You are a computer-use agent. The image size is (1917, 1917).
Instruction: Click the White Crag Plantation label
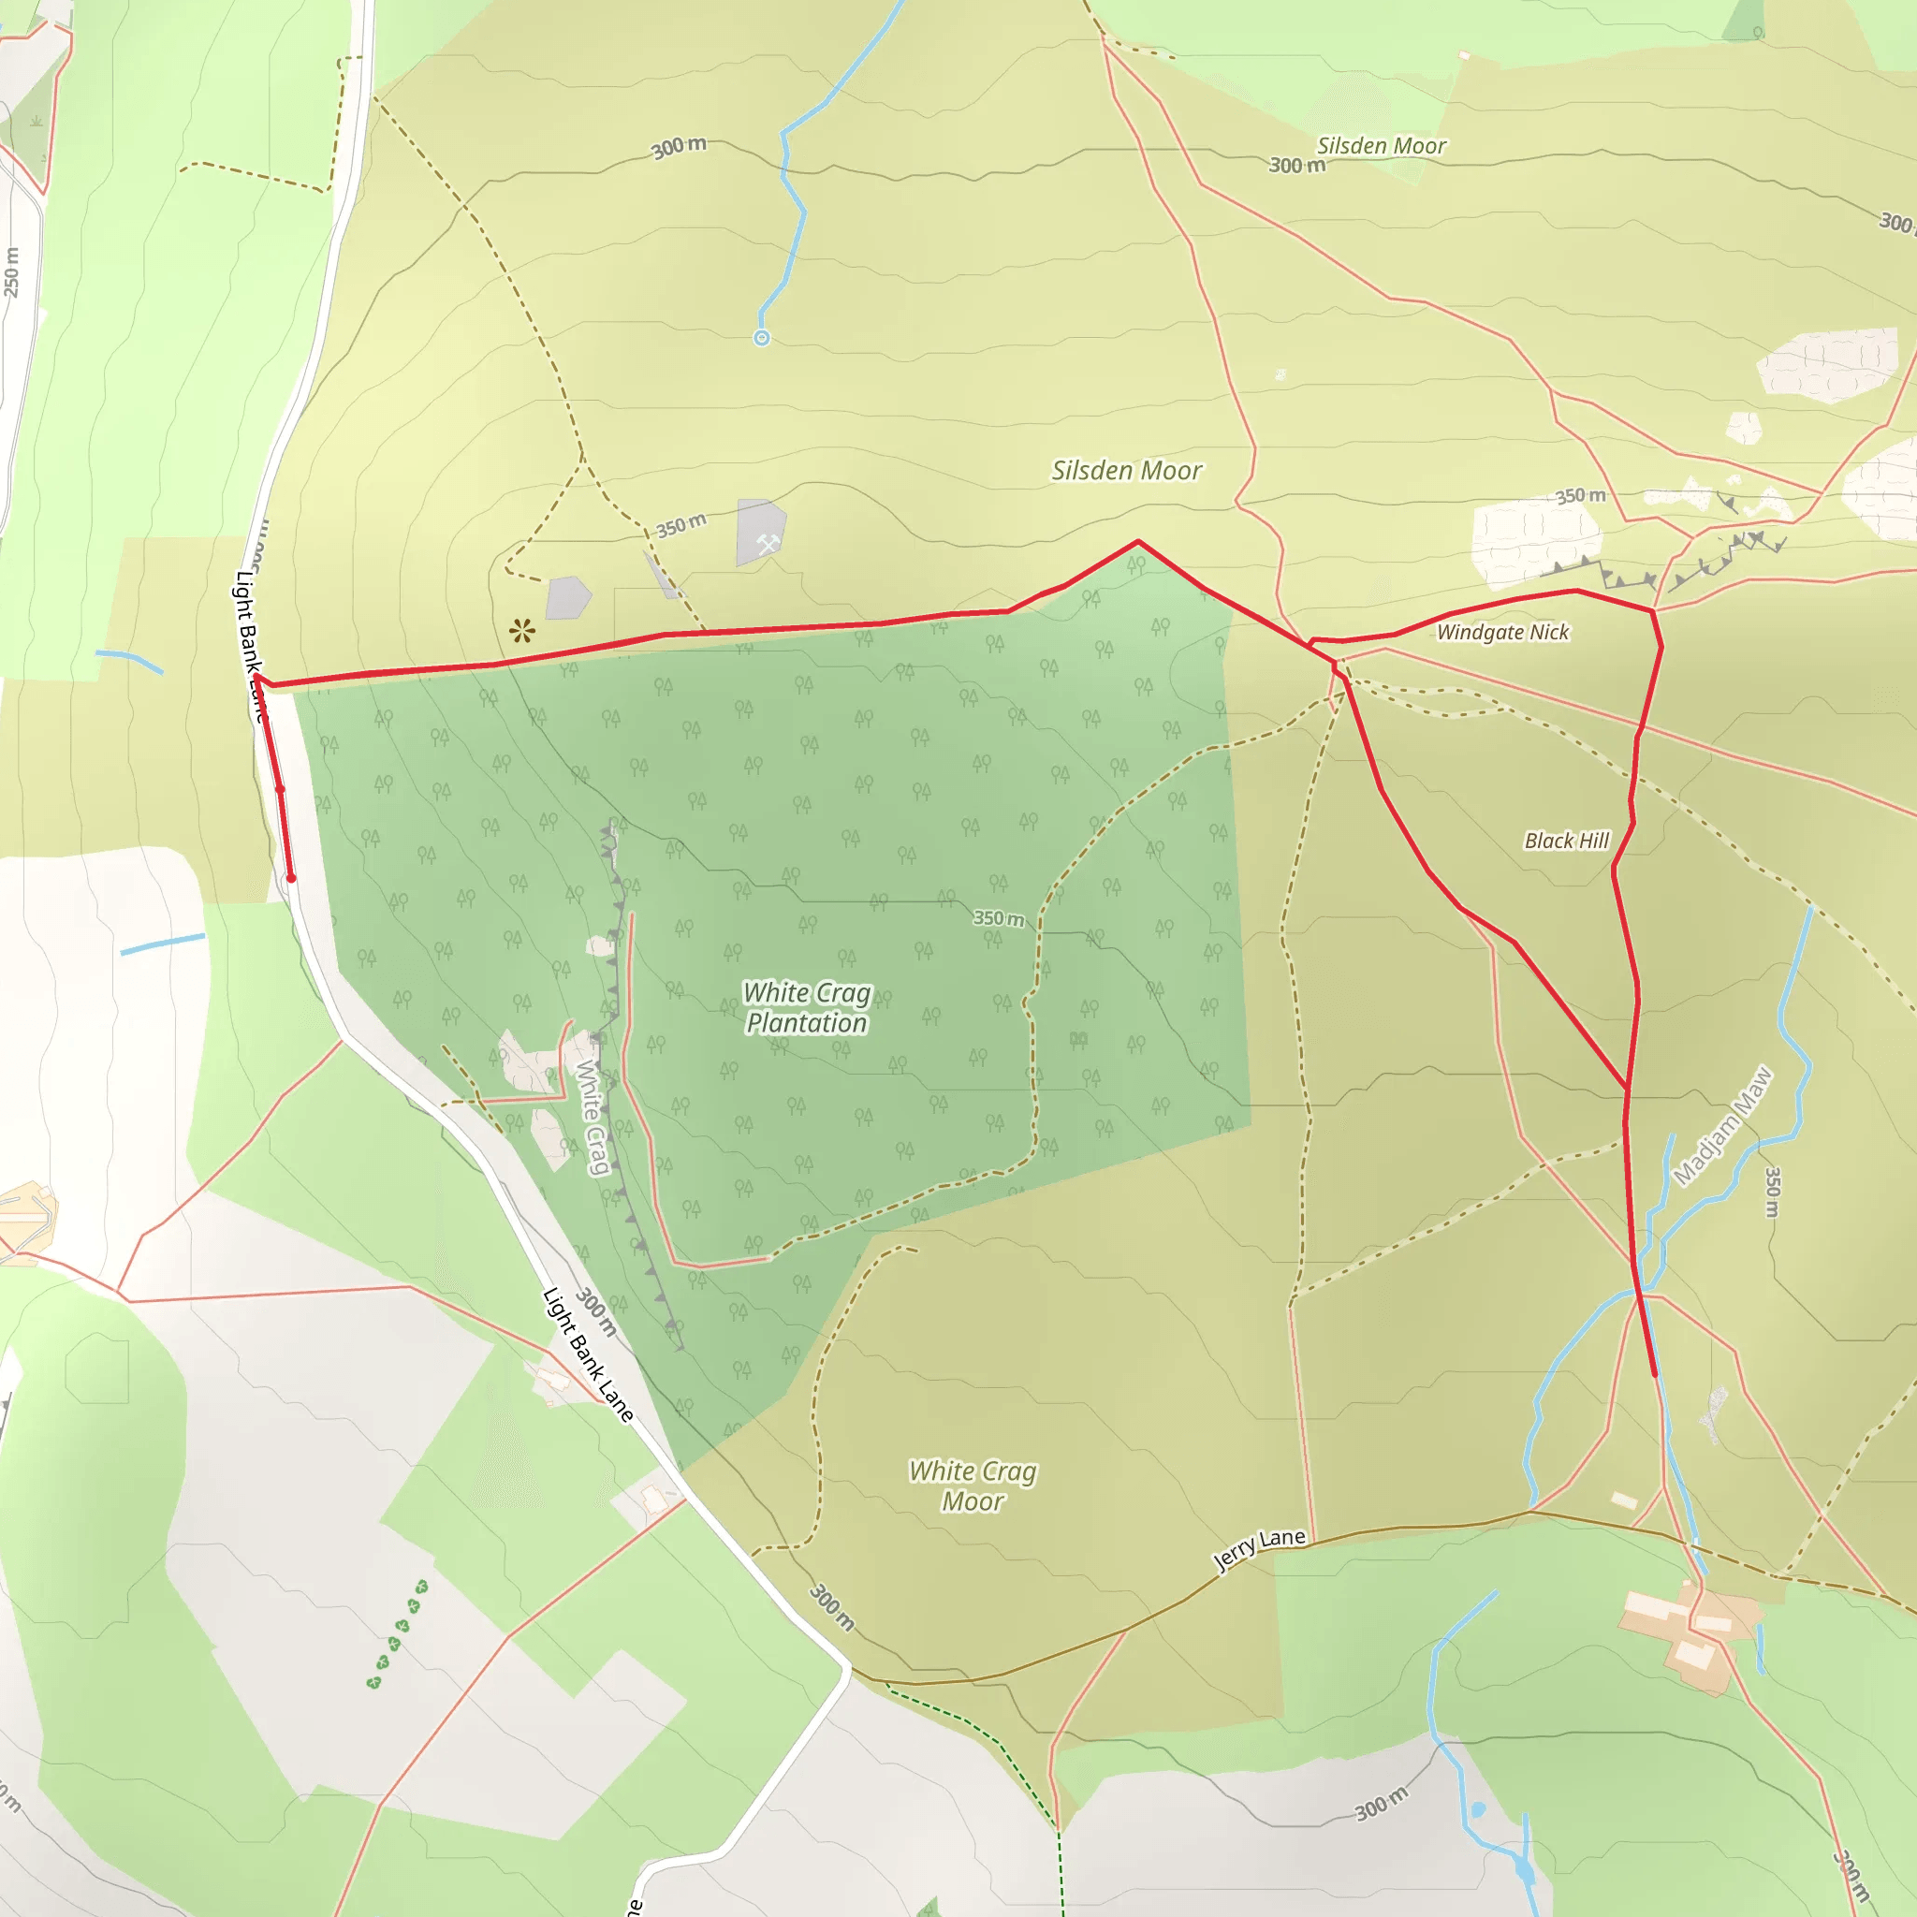click(x=807, y=1008)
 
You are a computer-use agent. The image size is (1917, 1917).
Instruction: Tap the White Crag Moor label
click(x=973, y=1485)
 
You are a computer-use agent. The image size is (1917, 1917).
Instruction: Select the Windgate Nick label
click(x=1502, y=632)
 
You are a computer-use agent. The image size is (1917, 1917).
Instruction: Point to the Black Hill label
click(x=1566, y=841)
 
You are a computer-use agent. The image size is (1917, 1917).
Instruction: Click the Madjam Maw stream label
click(x=1721, y=1126)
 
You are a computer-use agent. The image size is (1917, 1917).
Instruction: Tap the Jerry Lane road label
click(x=1259, y=1549)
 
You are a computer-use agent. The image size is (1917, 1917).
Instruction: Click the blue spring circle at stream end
click(x=762, y=338)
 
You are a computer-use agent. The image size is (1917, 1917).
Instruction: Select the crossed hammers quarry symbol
click(x=767, y=543)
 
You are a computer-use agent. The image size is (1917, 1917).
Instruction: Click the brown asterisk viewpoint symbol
click(x=522, y=630)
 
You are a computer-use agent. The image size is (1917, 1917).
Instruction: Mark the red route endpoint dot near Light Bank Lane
click(x=291, y=878)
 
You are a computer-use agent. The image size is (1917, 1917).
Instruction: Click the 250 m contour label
click(x=11, y=271)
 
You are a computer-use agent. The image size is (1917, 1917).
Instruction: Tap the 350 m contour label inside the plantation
click(x=997, y=918)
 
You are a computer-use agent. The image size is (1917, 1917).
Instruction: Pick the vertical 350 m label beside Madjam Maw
click(x=1772, y=1192)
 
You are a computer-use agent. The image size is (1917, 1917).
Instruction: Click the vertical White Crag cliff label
click(x=593, y=1117)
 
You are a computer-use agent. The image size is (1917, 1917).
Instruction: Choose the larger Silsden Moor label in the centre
click(x=1126, y=470)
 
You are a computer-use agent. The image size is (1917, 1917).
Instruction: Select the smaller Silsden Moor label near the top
click(x=1381, y=146)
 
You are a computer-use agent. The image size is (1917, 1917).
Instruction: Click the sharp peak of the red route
click(x=1138, y=542)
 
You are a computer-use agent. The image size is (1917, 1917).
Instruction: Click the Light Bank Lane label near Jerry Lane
click(x=589, y=1354)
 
